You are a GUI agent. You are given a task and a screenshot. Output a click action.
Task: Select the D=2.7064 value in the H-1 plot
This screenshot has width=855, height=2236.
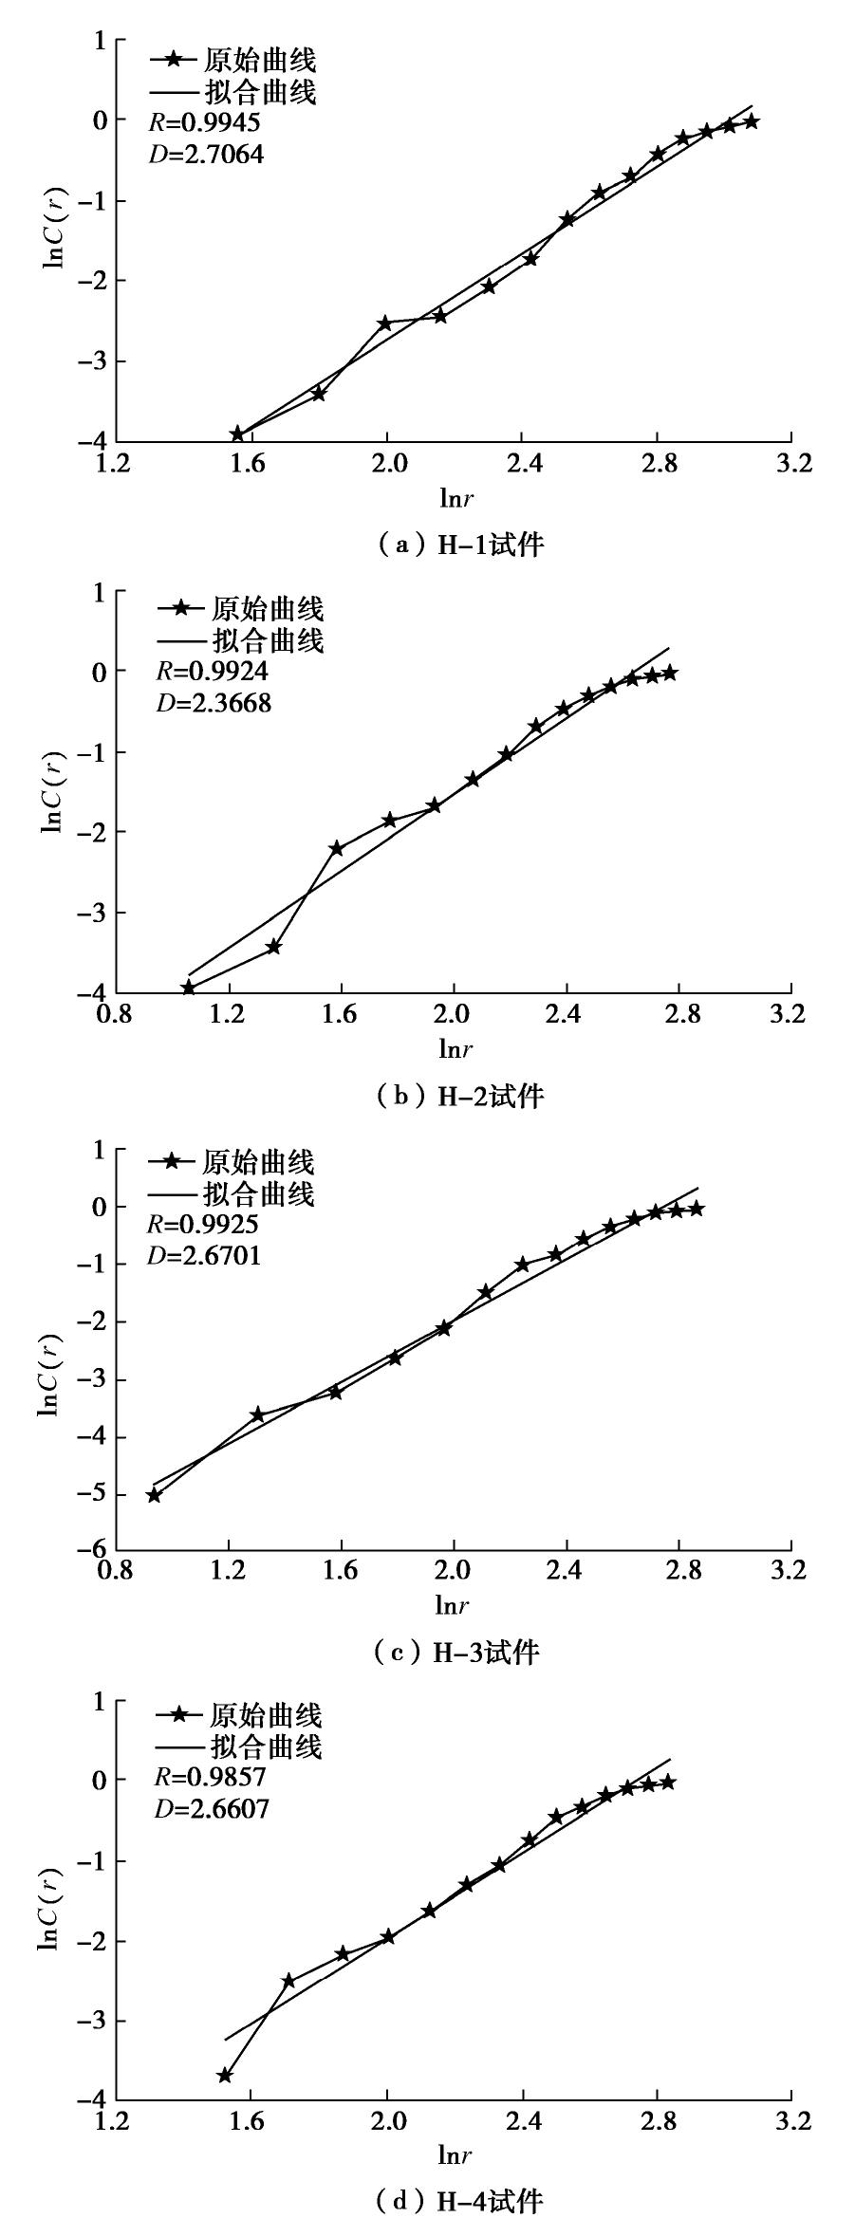[x=206, y=153]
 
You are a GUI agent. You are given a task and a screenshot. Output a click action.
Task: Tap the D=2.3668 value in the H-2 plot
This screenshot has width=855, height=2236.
[x=214, y=704]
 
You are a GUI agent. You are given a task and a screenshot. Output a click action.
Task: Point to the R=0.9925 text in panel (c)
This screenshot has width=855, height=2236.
[x=203, y=1225]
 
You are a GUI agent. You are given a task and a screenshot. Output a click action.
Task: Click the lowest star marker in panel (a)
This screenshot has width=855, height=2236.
[x=237, y=434]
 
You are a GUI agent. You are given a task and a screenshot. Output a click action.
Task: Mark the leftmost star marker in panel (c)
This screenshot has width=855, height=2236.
[x=154, y=1496]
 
